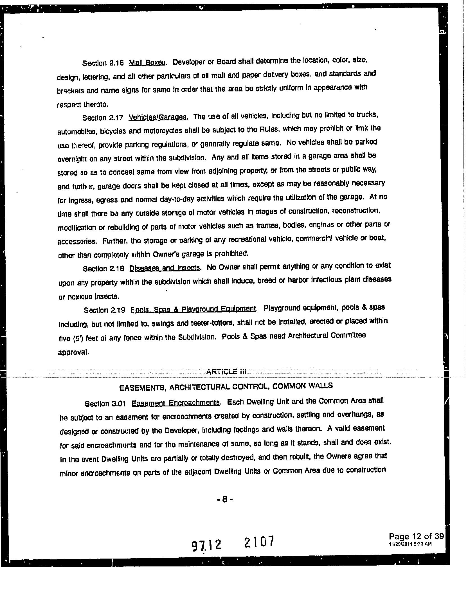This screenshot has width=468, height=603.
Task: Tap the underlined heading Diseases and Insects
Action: coord(165,268)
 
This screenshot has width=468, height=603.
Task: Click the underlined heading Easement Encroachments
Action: coord(175,403)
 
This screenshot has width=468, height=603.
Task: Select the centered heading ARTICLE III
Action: coord(226,372)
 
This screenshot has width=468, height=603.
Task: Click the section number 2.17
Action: coord(116,118)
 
